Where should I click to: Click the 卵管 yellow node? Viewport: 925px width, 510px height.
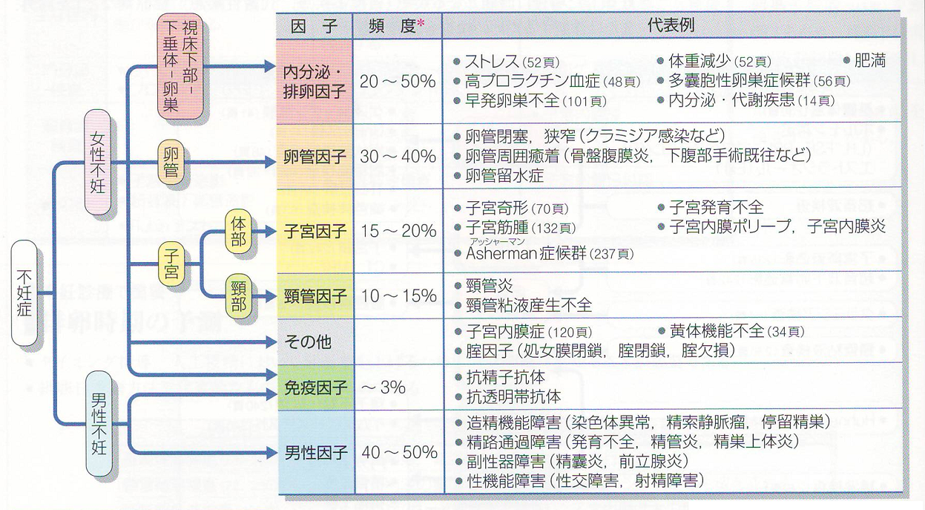(x=170, y=162)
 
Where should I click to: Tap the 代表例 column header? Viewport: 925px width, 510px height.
(x=671, y=25)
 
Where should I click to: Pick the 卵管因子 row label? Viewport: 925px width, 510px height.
(x=315, y=157)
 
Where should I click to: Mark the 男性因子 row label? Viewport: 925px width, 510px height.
(x=315, y=452)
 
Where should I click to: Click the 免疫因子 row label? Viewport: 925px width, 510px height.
(x=315, y=387)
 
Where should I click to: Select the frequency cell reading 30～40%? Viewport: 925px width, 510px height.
(x=398, y=157)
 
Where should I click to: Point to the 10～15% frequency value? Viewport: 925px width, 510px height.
(x=398, y=296)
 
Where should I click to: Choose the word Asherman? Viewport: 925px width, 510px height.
(x=501, y=253)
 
